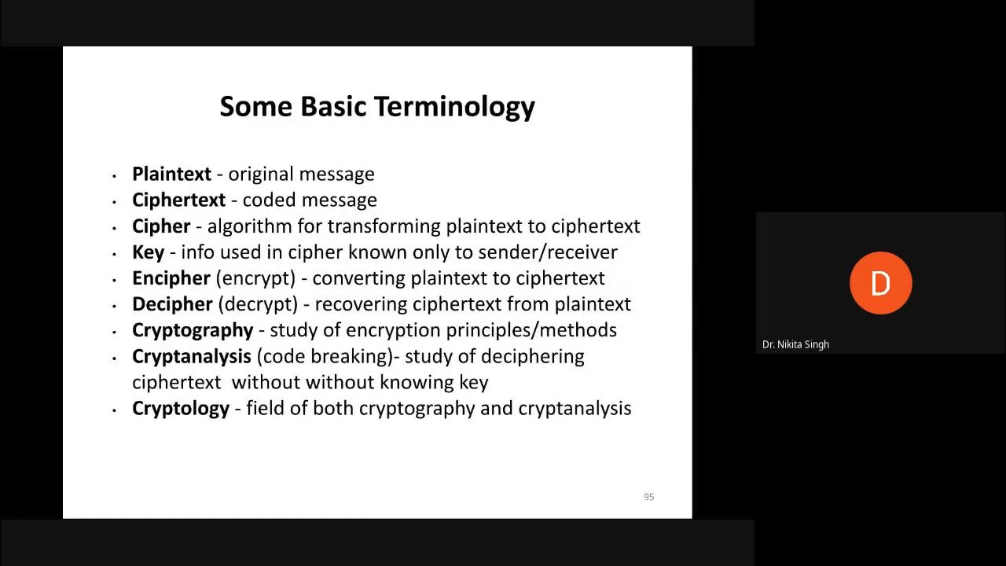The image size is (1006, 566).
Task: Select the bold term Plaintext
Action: (x=171, y=174)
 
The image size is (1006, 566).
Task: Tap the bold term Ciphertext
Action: (x=178, y=200)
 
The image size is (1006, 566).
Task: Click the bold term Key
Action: (x=148, y=252)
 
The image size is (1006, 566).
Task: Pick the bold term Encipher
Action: (x=171, y=278)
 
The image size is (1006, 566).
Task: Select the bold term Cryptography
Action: (x=193, y=330)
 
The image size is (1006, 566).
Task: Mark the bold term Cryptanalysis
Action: (x=191, y=356)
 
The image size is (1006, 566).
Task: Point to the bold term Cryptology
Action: (x=181, y=409)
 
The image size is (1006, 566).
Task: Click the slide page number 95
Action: (x=648, y=497)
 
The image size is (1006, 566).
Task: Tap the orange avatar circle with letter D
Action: (x=880, y=283)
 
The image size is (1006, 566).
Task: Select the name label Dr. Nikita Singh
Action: (x=795, y=344)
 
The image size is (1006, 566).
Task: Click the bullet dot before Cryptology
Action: (x=115, y=410)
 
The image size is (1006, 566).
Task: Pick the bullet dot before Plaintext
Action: (x=115, y=175)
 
